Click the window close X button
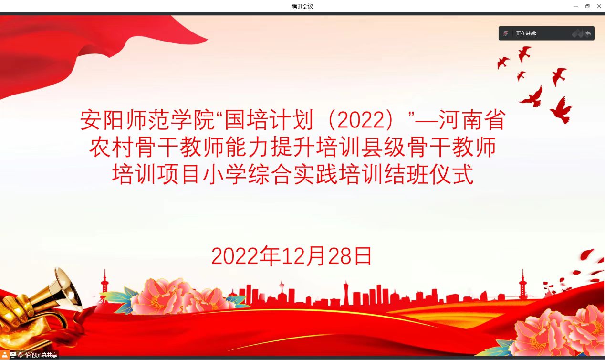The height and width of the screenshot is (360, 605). (x=599, y=6)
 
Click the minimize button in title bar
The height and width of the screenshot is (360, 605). (x=576, y=6)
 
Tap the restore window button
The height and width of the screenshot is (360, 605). (x=587, y=6)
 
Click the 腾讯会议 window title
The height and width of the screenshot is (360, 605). (x=302, y=6)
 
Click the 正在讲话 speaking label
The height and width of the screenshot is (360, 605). (x=526, y=33)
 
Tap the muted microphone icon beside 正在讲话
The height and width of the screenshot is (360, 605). (x=506, y=33)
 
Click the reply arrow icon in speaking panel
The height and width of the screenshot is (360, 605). (x=588, y=33)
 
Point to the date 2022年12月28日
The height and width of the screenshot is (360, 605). (x=292, y=255)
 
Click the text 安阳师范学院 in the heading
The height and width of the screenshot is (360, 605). (x=147, y=120)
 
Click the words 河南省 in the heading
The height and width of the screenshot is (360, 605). (x=472, y=120)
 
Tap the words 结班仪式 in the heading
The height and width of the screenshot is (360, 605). (x=428, y=174)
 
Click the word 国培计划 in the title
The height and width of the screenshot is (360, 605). (x=269, y=120)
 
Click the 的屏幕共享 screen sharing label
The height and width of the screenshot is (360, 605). (x=41, y=355)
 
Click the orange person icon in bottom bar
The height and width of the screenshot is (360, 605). (x=5, y=355)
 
